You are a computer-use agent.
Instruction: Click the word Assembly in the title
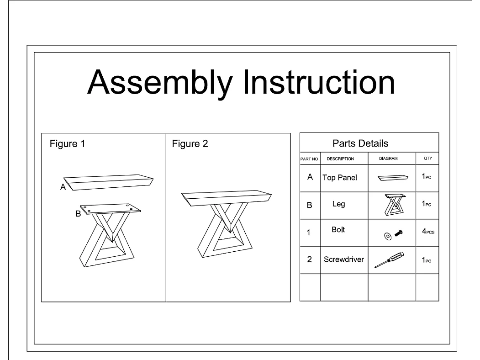pos(160,83)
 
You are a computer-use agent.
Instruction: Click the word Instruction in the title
pos(319,82)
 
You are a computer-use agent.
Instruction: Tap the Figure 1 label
pos(67,144)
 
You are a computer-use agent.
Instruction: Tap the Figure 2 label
pos(190,144)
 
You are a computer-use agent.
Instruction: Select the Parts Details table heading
pos(360,143)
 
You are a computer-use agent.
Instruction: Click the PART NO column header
pos(309,159)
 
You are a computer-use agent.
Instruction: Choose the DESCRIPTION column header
pos(340,159)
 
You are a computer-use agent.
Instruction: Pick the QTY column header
pos(428,158)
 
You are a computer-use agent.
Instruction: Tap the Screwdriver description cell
pos(344,259)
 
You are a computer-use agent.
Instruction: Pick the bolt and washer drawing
pos(393,235)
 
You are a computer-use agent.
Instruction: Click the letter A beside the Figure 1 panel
pos(63,187)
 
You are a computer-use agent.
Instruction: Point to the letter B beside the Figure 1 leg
pos(79,214)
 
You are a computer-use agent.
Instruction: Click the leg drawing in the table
pos(395,205)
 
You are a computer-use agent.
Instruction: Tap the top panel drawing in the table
pos(393,178)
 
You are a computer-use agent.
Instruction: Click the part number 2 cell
pos(310,259)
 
